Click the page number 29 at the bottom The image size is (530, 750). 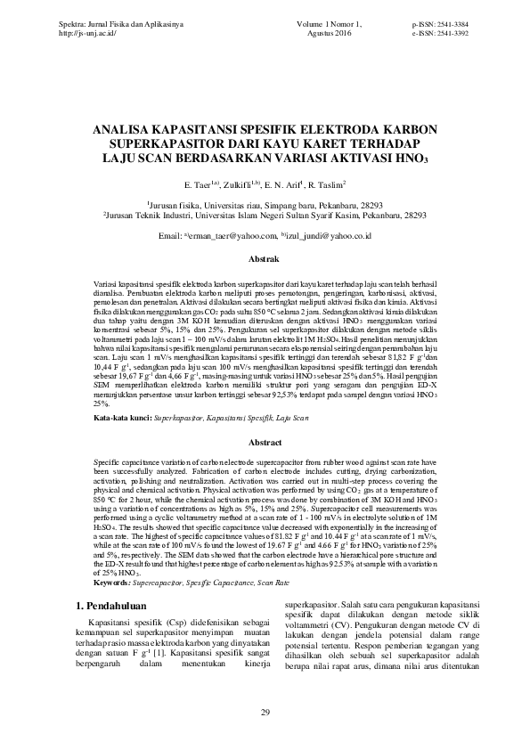click(x=265, y=711)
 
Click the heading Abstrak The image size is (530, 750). click(x=265, y=258)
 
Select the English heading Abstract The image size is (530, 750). click(x=265, y=442)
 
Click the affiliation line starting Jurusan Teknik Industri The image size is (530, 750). click(x=265, y=215)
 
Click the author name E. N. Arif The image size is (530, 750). click(x=283, y=185)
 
